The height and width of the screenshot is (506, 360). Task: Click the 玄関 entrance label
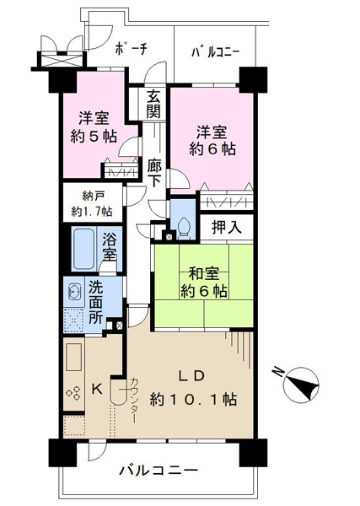click(153, 104)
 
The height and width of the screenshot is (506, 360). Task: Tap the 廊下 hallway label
click(154, 174)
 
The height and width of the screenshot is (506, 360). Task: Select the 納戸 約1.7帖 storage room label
click(92, 203)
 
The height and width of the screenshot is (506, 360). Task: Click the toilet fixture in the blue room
click(184, 229)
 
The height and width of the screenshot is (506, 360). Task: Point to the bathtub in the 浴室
click(84, 249)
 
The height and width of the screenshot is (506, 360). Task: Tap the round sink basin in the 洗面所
click(74, 293)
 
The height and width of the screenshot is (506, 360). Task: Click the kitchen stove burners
click(73, 393)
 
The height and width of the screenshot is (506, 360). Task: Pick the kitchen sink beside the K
click(73, 357)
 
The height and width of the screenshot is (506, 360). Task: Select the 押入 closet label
click(227, 227)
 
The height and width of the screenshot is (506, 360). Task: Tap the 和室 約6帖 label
click(203, 283)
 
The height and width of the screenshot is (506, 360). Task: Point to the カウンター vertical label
click(134, 401)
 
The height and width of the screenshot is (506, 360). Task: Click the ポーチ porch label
click(131, 49)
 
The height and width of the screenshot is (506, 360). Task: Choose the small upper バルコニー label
click(215, 52)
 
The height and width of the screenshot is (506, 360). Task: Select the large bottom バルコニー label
click(158, 470)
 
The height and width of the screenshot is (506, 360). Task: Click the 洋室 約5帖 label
click(94, 127)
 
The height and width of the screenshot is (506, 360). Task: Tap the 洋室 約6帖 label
click(212, 140)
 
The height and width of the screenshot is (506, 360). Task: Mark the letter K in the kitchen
click(97, 390)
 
